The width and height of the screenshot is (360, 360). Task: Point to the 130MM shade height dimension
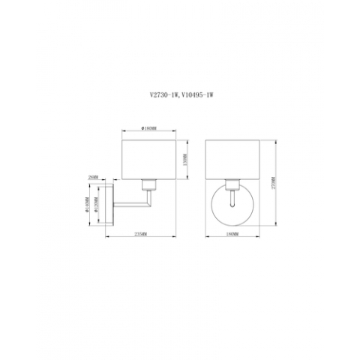[184, 159]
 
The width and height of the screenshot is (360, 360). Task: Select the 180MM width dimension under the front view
[232, 235]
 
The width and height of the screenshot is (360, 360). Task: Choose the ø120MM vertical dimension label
[97, 202]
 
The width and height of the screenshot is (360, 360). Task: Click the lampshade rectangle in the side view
[149, 159]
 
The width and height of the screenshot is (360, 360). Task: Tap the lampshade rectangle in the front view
[232, 159]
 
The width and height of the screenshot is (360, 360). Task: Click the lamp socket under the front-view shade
[233, 182]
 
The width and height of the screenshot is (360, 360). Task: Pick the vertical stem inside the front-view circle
[233, 198]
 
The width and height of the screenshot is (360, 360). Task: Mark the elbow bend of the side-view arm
[148, 202]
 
